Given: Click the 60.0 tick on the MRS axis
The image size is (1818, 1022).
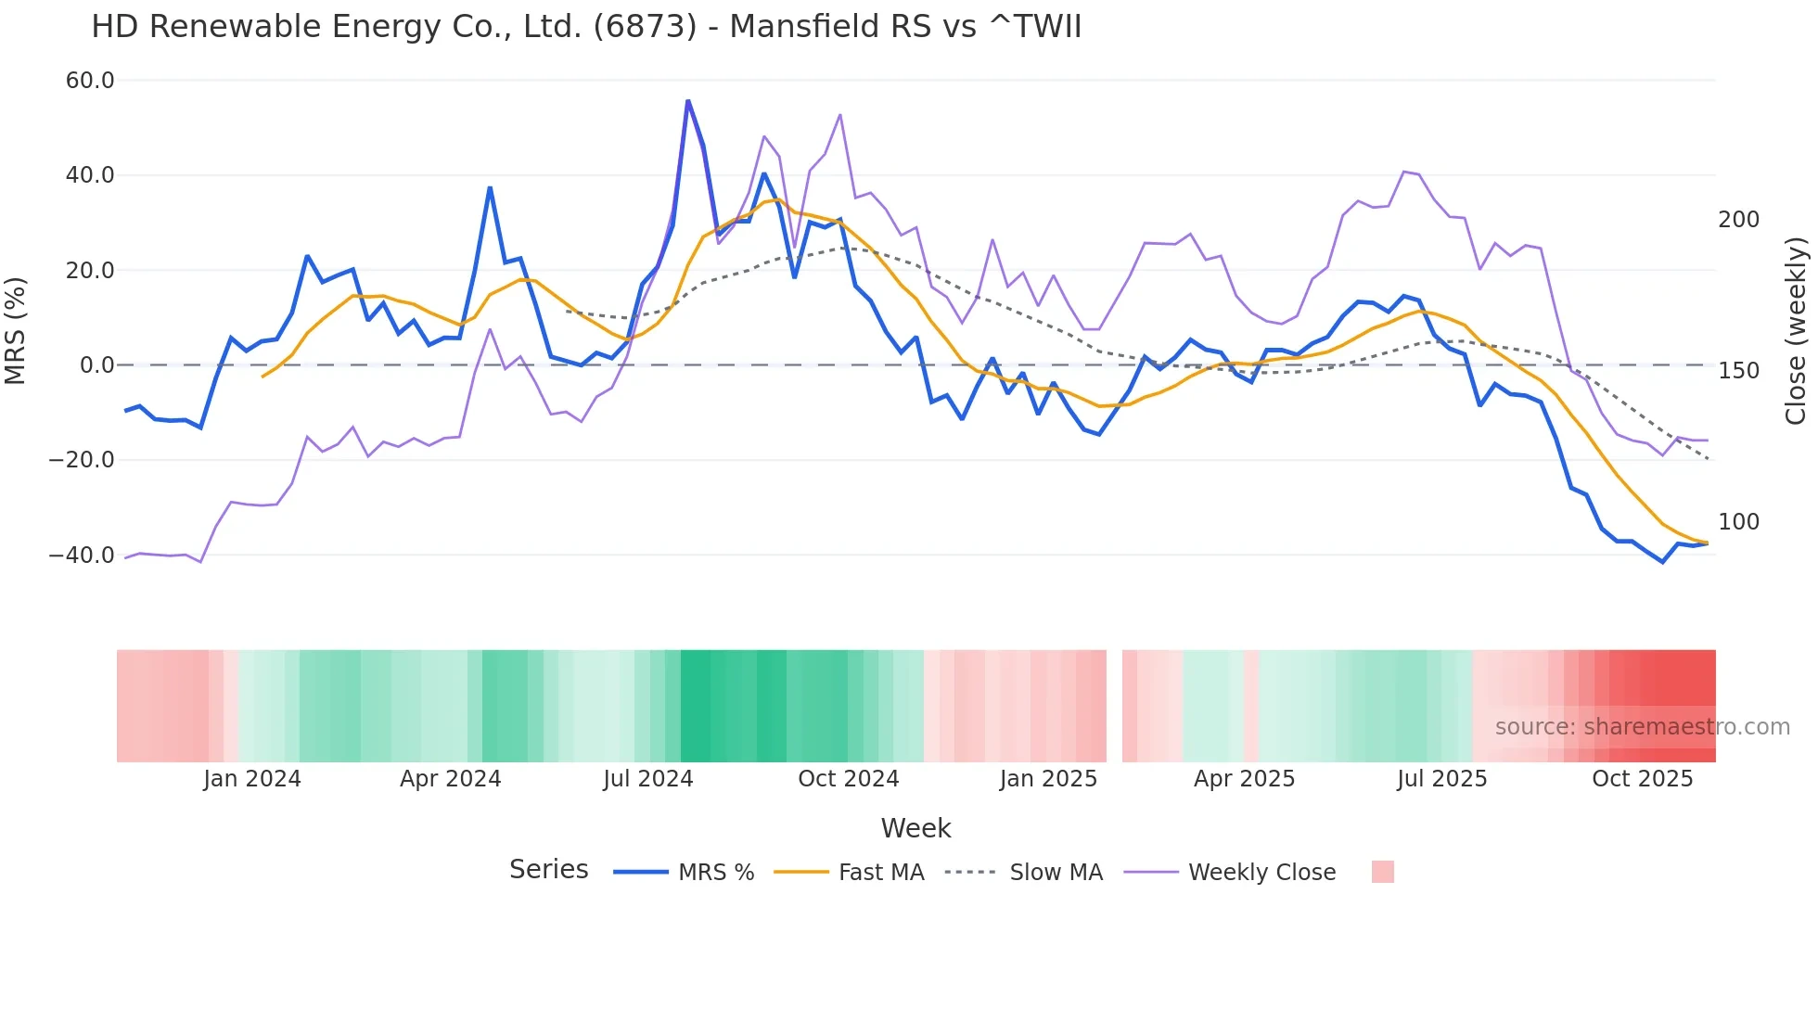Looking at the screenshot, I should pos(89,81).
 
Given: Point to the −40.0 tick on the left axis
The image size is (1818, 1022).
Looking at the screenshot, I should pos(82,556).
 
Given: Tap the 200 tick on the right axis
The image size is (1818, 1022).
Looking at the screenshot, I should pos(1738,220).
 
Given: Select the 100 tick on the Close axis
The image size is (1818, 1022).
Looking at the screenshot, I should pos(1738,522).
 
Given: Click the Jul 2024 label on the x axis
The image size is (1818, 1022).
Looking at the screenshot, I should pos(647,779).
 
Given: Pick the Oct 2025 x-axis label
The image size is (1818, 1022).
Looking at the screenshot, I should pos(1642,779).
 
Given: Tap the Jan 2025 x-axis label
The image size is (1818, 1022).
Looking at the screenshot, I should pos(1048,779).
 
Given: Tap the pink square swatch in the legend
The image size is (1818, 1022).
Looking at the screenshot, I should pos(1382,872).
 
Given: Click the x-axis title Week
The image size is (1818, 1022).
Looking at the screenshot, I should pos(915,828).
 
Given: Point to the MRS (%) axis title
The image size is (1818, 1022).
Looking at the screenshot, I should pos(16,330).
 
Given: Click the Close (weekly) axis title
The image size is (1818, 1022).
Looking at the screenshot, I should pos(1796,330).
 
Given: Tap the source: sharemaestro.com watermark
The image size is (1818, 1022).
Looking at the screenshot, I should pos(1642,727).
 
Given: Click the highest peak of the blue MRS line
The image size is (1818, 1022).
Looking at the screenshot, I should pos(687,101).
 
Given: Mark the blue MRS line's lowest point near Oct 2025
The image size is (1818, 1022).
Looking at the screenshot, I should pos(1662,562).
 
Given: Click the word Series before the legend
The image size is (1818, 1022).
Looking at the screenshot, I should pos(548,870).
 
